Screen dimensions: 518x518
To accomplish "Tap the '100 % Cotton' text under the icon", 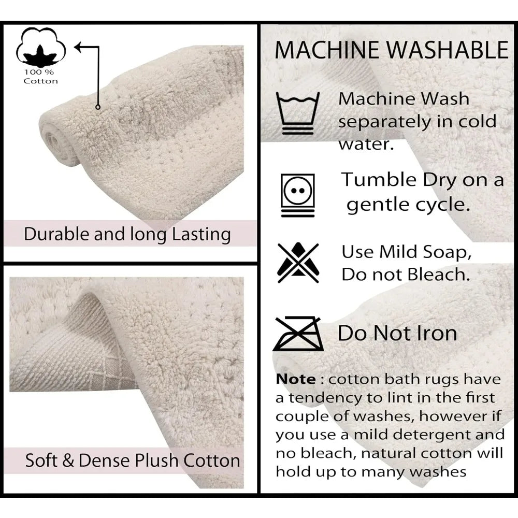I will tap(41, 76).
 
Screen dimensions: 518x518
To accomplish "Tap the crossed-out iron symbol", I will tap(298, 334).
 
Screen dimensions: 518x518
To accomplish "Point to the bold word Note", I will tap(296, 379).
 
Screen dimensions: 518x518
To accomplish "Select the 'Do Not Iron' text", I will tap(397, 333).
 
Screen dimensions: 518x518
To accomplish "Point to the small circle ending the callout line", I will tap(97, 106).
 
